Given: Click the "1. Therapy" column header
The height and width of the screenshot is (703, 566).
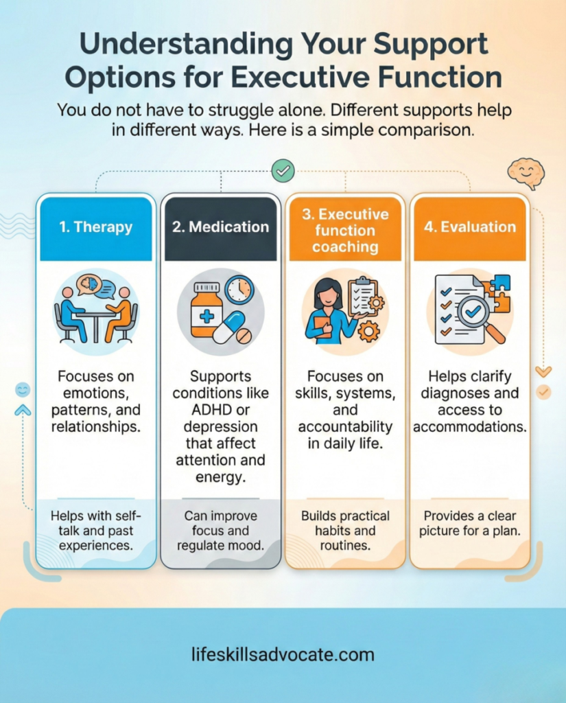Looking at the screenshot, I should click(96, 227).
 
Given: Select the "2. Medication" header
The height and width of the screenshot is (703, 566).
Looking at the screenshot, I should click(220, 227).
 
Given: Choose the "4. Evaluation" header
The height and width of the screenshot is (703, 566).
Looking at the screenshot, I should click(469, 227).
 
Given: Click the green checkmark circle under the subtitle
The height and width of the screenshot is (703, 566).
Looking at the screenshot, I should click(283, 170).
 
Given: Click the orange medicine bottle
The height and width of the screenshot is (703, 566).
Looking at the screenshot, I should click(207, 311).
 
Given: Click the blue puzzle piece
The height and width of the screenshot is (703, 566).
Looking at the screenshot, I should click(500, 282).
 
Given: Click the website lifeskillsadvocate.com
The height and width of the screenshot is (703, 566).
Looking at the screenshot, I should click(283, 654).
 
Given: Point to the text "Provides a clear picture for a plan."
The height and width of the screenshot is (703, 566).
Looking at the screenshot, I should click(469, 524).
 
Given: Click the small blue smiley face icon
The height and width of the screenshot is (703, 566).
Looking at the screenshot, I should click(23, 390).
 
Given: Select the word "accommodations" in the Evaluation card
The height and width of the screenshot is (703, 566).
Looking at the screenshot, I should click(469, 426).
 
